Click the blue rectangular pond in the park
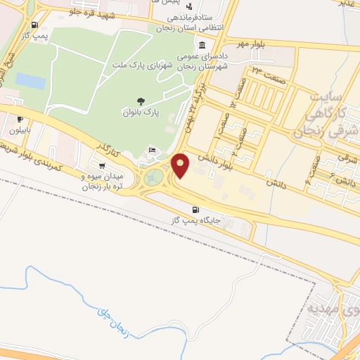click(x=30, y=80)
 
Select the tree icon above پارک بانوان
click(x=141, y=101)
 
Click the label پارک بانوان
click(x=141, y=112)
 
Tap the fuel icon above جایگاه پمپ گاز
click(x=196, y=210)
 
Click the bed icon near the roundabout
click(x=153, y=150)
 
